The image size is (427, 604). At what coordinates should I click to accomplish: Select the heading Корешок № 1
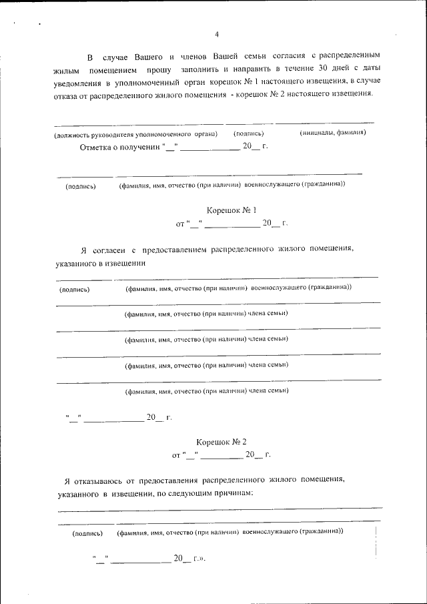[x=232, y=210]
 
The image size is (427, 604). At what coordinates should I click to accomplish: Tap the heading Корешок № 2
[x=222, y=442]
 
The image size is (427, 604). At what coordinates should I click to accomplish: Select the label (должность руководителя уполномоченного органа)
[x=135, y=133]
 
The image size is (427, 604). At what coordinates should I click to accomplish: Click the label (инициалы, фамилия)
[x=332, y=133]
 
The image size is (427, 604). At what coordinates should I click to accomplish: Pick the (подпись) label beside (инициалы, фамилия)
[x=250, y=133]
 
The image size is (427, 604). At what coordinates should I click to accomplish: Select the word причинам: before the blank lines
[x=231, y=493]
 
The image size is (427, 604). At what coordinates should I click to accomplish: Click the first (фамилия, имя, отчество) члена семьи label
[x=206, y=313]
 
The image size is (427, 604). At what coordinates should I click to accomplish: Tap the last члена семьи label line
[x=206, y=391]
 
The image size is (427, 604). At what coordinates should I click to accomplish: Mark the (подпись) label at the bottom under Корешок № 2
[x=87, y=533]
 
